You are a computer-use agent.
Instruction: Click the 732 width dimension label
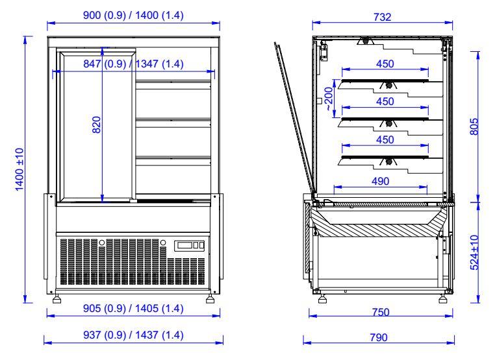point(383,17)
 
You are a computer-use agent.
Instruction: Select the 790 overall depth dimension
point(379,337)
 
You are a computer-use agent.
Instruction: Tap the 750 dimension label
point(381,312)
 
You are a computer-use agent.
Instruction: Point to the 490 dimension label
point(381,181)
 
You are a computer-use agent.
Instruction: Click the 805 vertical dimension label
point(474,126)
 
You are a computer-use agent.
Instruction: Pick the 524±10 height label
point(474,252)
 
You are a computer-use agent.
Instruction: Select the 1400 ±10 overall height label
point(19,169)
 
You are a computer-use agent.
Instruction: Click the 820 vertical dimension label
point(96,125)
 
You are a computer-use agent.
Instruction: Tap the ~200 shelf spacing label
point(329,99)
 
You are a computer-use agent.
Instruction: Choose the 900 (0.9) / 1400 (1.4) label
point(133,15)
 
